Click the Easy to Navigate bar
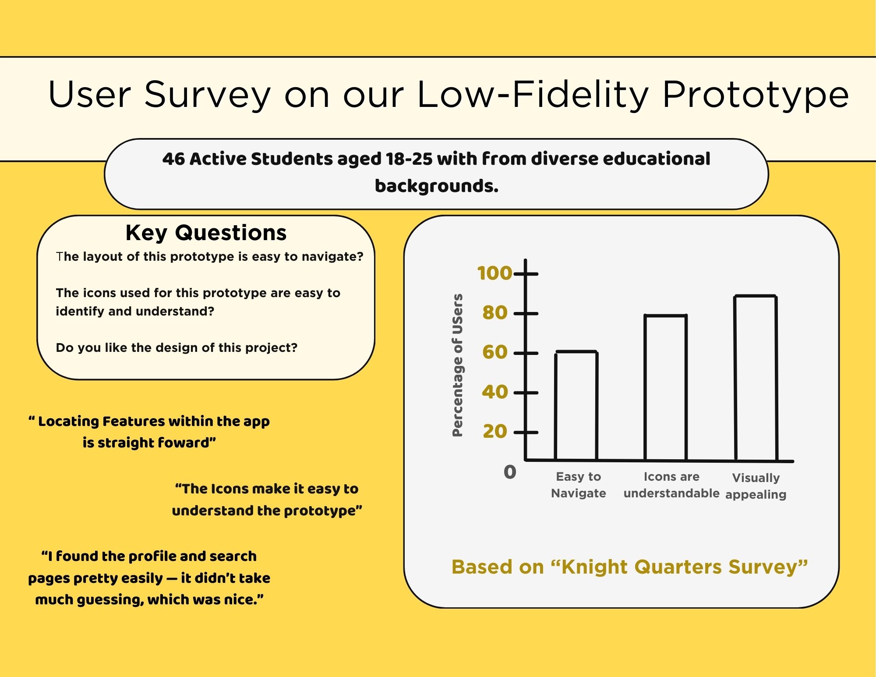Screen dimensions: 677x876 point(576,406)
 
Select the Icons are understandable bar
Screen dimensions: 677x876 point(665,388)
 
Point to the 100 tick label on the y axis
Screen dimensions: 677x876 point(495,273)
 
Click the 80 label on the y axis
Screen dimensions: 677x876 point(495,313)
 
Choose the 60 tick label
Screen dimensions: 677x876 point(495,352)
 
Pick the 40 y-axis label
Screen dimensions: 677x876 point(495,392)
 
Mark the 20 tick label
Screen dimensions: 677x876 point(495,432)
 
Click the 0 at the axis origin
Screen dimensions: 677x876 point(510,472)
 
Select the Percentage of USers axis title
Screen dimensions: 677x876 point(457,365)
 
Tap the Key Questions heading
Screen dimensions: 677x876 point(206,233)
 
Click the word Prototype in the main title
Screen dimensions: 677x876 point(755,94)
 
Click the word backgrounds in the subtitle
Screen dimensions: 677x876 point(436,186)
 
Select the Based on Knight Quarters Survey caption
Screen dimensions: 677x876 point(629,567)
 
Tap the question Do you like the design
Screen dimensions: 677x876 point(177,347)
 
